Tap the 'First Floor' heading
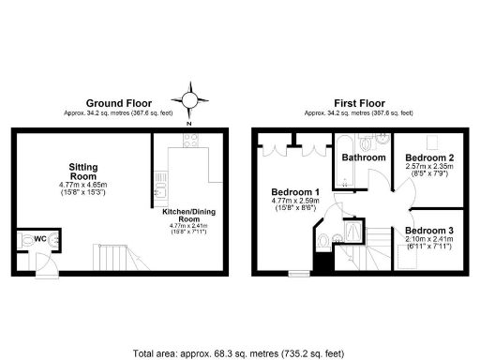(361, 103)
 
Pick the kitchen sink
(161, 195)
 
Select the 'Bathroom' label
(363, 157)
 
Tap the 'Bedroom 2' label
(430, 157)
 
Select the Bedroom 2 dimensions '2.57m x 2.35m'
(430, 167)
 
